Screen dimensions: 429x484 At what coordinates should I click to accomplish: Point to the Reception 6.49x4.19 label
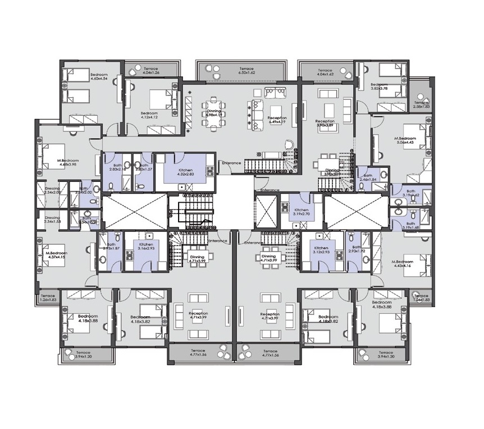[x=277, y=120]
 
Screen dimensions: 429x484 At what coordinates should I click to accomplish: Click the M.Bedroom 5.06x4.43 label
[x=404, y=140]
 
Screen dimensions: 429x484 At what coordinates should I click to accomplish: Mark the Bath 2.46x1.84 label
[x=368, y=177]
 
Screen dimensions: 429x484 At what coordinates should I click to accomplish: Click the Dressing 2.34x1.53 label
[x=52, y=220]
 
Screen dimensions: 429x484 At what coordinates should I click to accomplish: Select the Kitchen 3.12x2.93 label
[x=321, y=250]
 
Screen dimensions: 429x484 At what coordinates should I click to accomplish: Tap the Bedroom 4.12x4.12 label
[x=149, y=115]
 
